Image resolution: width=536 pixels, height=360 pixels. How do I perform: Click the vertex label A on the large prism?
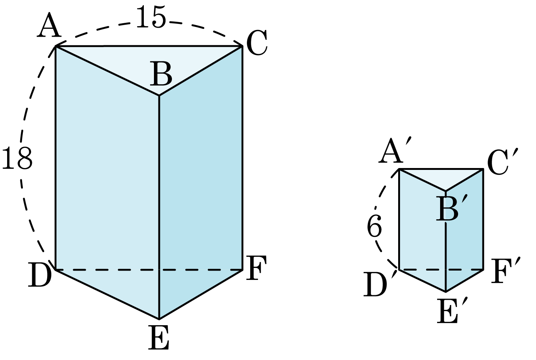click(x=49, y=25)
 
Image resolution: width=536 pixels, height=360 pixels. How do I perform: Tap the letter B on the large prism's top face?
click(x=161, y=74)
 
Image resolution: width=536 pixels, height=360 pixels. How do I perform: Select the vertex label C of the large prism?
click(x=257, y=43)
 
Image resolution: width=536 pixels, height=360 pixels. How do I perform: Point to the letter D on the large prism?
click(x=40, y=274)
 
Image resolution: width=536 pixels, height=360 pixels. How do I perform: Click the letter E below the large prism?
click(x=159, y=337)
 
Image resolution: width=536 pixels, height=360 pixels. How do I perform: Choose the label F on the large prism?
click(x=256, y=268)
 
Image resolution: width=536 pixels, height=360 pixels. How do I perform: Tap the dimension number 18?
click(x=17, y=158)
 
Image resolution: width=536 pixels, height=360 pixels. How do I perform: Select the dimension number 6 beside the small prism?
click(x=375, y=226)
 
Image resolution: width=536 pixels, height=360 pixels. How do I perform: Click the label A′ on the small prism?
click(x=395, y=150)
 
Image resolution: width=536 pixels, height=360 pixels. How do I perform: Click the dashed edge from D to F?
click(x=149, y=270)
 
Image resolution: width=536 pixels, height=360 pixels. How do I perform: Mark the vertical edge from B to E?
click(x=159, y=207)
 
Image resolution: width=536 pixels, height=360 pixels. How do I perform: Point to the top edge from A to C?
click(x=149, y=46)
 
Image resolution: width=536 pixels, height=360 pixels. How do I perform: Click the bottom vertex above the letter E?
click(x=159, y=318)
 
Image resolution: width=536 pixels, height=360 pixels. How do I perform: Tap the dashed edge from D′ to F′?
click(x=441, y=270)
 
